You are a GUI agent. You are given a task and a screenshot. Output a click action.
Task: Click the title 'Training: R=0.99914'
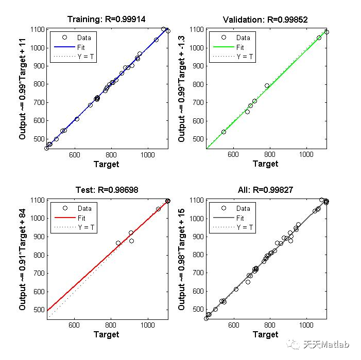[106, 20]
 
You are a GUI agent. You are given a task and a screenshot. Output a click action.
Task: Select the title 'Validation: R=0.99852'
[265, 20]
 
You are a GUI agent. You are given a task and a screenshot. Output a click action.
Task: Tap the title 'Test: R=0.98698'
[106, 190]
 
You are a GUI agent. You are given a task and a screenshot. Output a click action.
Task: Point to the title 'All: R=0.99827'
[265, 190]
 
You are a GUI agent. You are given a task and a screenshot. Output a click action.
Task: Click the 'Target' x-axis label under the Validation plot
[265, 164]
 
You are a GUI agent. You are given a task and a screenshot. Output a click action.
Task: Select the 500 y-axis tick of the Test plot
[37, 310]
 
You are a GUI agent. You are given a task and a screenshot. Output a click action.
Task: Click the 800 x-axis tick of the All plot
[270, 325]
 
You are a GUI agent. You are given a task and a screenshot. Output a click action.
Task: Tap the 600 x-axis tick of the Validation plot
[233, 154]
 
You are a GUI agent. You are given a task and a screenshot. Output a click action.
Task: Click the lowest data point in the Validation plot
[224, 132]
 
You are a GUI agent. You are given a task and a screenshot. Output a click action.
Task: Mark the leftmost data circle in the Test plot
[118, 243]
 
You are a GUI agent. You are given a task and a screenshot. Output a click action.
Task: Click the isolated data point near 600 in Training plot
[77, 119]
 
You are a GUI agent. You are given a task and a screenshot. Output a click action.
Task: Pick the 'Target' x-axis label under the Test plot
[106, 335]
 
